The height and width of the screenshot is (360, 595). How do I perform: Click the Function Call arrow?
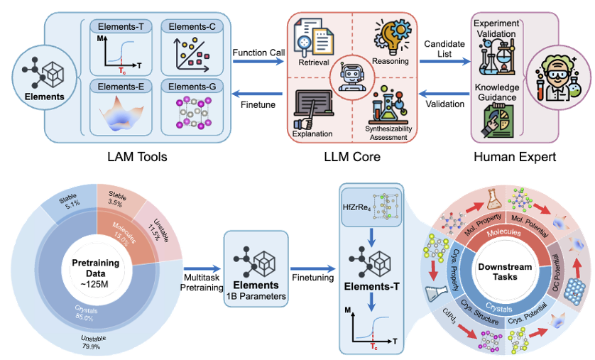click(x=258, y=61)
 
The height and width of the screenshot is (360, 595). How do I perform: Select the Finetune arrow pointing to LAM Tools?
click(x=257, y=94)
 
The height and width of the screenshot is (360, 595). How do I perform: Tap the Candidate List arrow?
click(x=444, y=61)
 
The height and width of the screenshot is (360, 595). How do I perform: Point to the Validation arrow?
click(x=444, y=94)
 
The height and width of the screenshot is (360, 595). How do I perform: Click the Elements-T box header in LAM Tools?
click(x=121, y=26)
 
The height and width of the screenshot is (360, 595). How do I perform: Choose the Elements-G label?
click(x=192, y=87)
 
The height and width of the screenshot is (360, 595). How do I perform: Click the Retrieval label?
click(x=313, y=62)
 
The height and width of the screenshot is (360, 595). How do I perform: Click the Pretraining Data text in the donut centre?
click(x=96, y=268)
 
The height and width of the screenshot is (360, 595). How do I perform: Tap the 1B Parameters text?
click(x=256, y=296)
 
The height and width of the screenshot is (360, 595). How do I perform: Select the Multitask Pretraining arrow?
click(x=202, y=268)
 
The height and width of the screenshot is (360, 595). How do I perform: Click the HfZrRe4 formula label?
click(x=357, y=207)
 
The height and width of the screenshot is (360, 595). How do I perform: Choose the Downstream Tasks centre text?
click(x=505, y=272)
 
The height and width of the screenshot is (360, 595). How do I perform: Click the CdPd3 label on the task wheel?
click(x=449, y=315)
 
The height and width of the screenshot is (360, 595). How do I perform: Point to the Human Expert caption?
click(x=515, y=157)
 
